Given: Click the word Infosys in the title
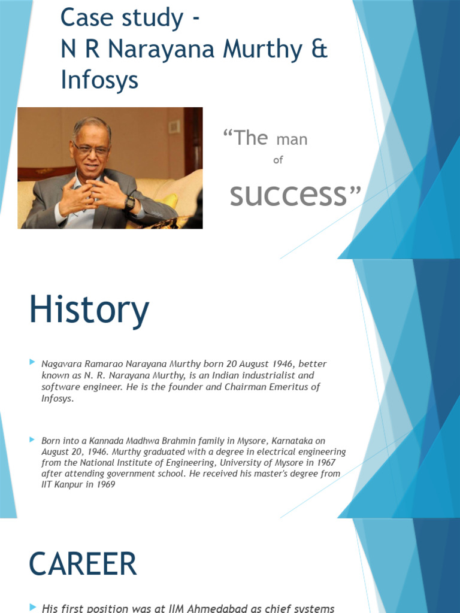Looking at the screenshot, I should [x=99, y=80].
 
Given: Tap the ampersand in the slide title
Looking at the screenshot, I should [x=320, y=49].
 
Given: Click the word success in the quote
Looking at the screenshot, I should [x=288, y=195].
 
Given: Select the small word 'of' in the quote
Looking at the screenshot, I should [x=277, y=160].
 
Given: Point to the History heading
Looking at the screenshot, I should [x=89, y=310].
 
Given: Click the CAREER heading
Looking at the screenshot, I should [x=83, y=564].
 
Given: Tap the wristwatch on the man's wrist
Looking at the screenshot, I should [x=129, y=203].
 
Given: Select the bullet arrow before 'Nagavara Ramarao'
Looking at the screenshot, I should [x=32, y=362].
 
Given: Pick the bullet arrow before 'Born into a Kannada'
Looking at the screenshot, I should [x=32, y=439].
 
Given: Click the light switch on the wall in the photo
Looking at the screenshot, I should [x=174, y=126].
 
